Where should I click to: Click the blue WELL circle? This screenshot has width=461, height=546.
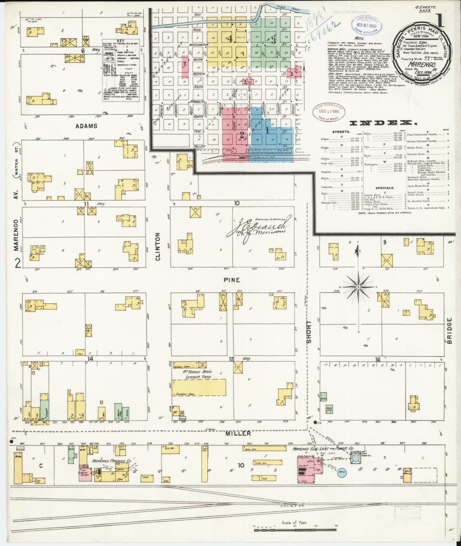[342, 472]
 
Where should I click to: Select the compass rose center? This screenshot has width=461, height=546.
[358, 287]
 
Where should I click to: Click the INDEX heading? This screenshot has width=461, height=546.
[382, 123]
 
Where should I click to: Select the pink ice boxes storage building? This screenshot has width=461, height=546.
[85, 476]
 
